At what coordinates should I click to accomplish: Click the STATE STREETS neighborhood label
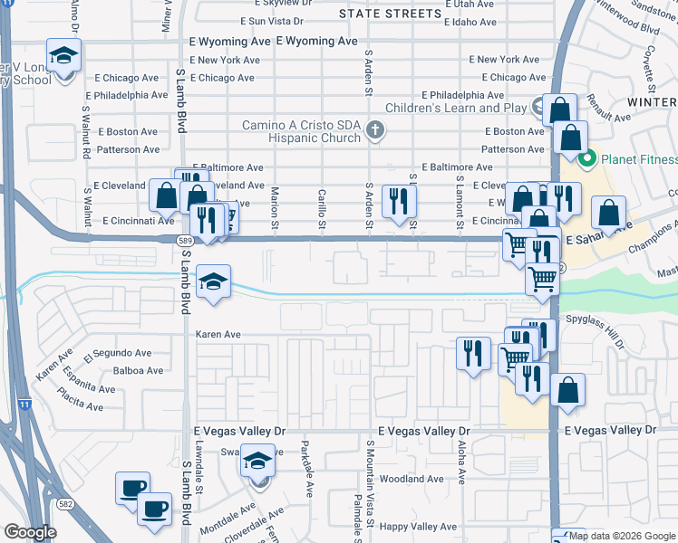[x=390, y=13]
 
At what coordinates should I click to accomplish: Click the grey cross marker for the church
[x=373, y=132]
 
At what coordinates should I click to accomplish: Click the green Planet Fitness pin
[x=586, y=161]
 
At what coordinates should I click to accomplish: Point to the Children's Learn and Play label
[x=455, y=108]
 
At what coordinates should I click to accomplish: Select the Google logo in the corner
[x=30, y=532]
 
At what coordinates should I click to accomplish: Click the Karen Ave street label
[x=218, y=334]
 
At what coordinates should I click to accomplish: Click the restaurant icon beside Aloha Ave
[x=473, y=353]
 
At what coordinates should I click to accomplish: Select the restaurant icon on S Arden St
[x=398, y=201]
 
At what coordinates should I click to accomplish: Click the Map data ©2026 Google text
[x=622, y=536]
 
